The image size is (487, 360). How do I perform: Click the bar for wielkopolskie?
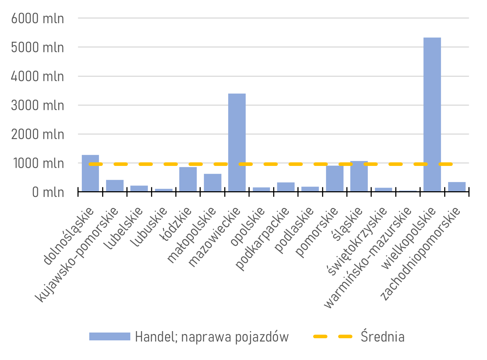[432, 114]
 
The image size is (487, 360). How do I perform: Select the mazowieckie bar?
[237, 142]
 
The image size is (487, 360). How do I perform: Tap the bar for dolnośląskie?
[90, 173]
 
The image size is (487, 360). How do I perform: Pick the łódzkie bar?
[188, 179]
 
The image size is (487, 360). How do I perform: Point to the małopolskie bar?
[212, 183]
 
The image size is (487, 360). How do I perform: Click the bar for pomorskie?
[335, 178]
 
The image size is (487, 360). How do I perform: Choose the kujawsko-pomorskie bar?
[115, 186]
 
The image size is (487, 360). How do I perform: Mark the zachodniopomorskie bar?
[457, 187]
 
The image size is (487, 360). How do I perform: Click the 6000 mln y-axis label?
[37, 19]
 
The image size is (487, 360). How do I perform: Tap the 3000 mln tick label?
[37, 106]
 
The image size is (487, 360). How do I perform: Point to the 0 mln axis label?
[48, 192]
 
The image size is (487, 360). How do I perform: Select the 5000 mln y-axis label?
[37, 47]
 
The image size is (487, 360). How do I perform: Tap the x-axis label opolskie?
[248, 227]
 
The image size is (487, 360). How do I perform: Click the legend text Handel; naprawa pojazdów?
[212, 337]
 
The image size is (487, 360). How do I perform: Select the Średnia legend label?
[382, 337]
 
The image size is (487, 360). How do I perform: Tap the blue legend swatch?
[110, 336]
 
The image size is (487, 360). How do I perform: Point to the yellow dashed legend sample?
[333, 336]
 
